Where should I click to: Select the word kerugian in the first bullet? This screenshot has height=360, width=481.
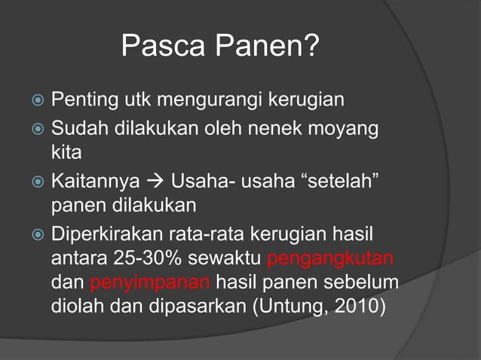pos(308,100)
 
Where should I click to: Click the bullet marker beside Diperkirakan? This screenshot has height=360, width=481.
pos(39,235)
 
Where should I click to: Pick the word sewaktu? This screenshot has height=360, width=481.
pos(225,261)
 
